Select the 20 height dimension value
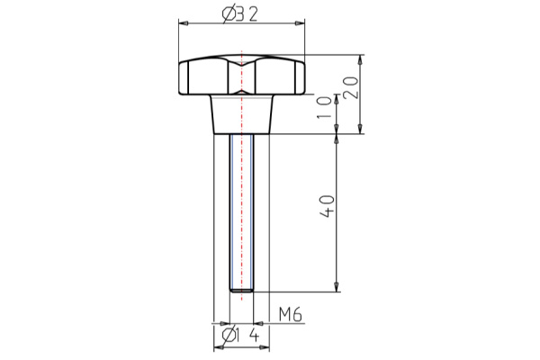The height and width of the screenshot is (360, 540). (352, 89)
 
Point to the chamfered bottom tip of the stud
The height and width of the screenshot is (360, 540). (243, 290)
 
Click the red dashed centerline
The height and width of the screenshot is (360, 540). (242, 180)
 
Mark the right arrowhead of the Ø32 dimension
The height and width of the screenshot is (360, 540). (301, 22)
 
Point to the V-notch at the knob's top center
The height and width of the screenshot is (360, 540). (242, 62)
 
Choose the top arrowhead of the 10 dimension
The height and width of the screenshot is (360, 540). (337, 98)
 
